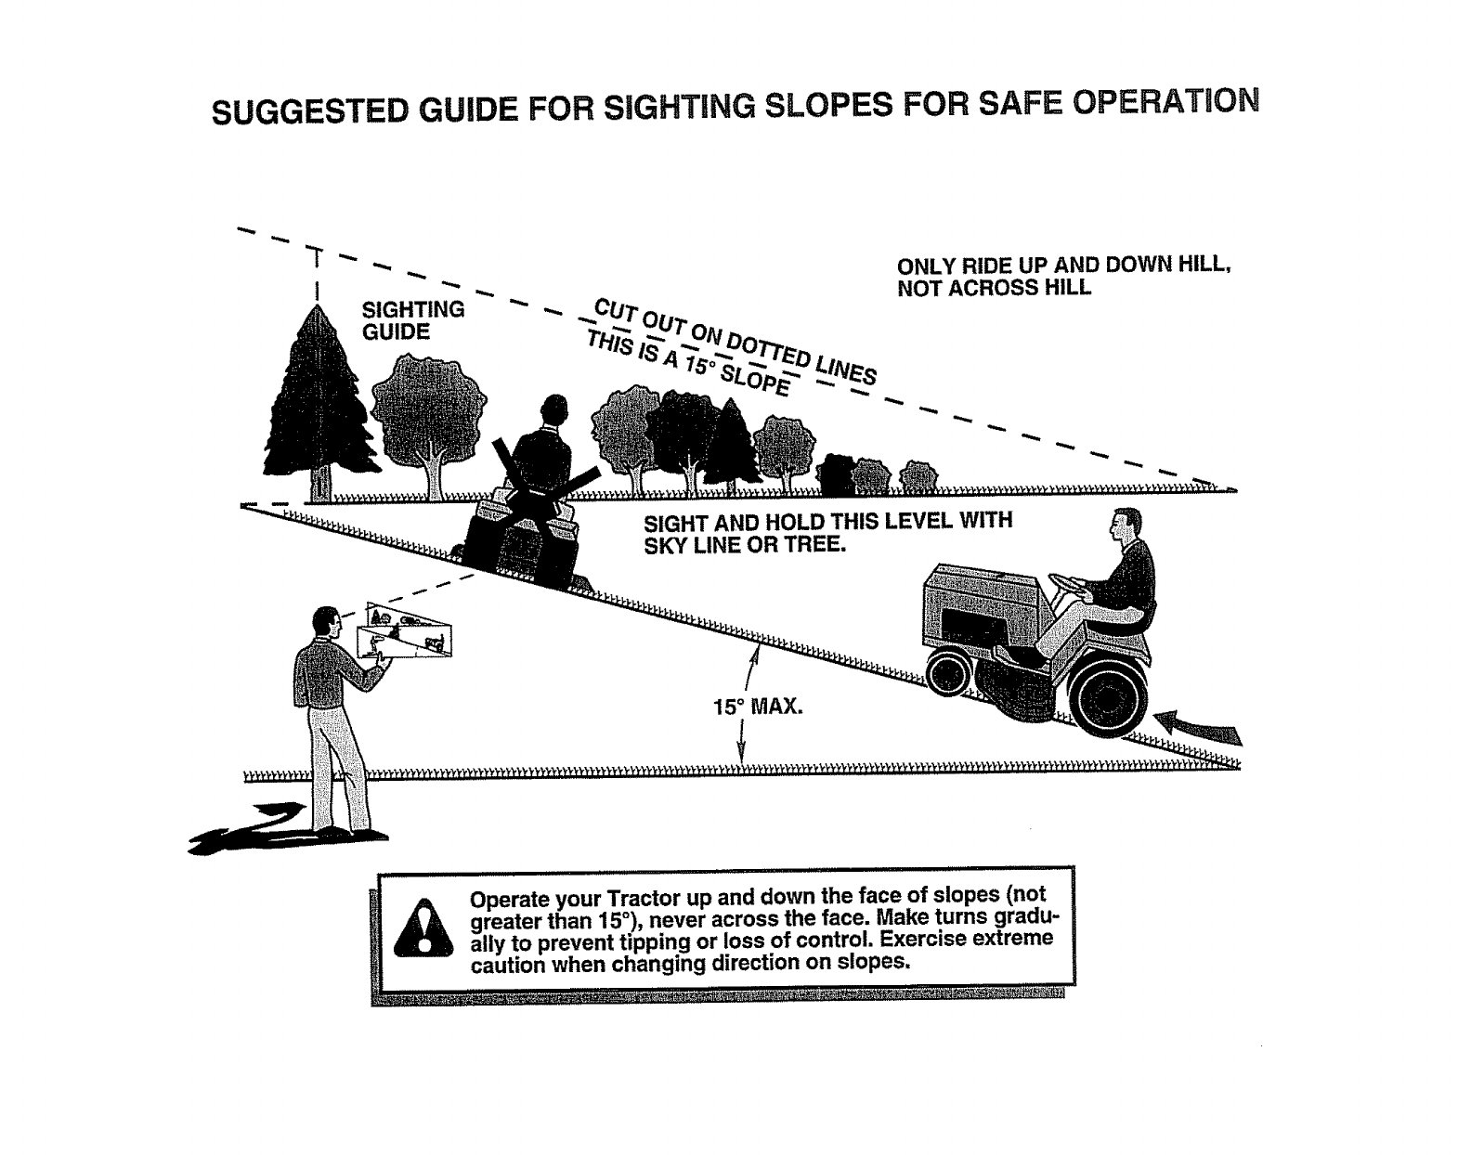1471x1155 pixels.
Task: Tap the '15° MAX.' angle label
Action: tap(757, 707)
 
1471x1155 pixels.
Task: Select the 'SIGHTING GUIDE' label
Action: tap(412, 320)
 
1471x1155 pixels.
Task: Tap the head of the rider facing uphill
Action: tap(1126, 528)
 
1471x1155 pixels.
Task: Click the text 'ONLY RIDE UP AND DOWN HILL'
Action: tap(1063, 265)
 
